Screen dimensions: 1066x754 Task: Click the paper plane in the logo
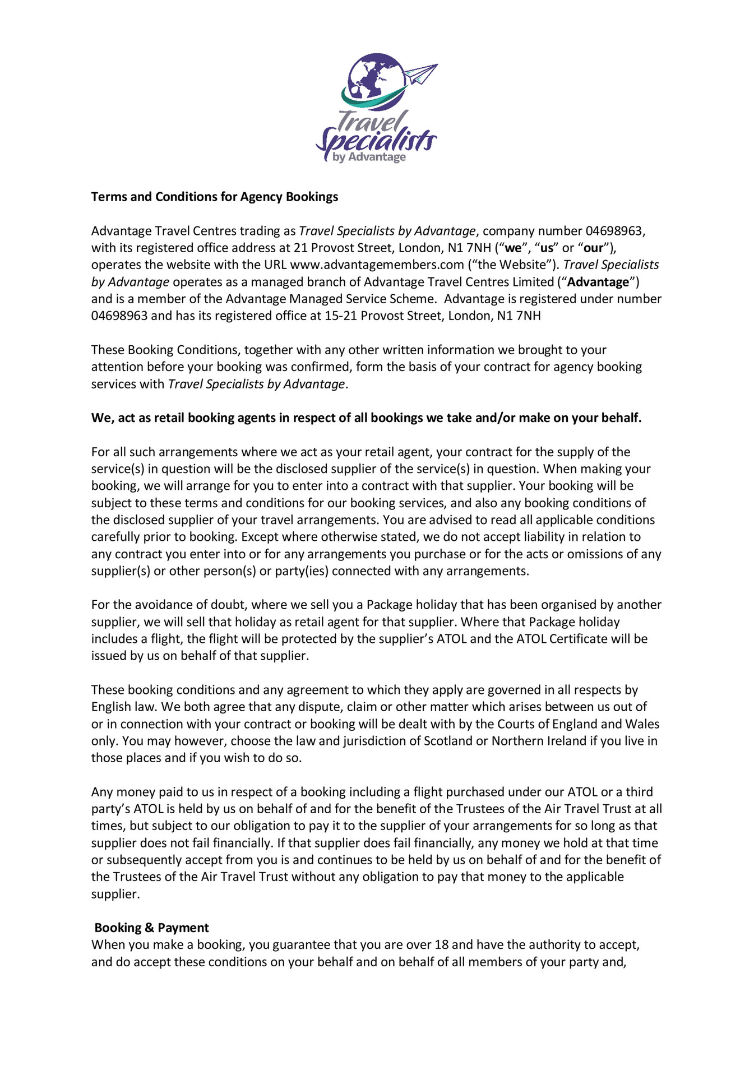[x=421, y=73]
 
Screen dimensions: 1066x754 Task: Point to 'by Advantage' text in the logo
[x=369, y=157]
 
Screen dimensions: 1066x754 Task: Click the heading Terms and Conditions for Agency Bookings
[x=215, y=197]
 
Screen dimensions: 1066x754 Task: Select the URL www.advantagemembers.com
[x=377, y=265]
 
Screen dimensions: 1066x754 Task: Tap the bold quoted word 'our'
[x=593, y=248]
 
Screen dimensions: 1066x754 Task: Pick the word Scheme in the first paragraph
[x=415, y=299]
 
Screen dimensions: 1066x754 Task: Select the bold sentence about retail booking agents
[x=366, y=418]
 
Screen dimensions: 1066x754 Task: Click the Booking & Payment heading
[x=151, y=928]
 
